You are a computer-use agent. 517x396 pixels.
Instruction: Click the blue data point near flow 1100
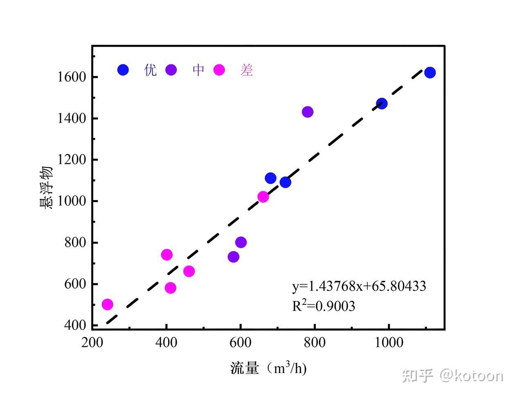click(x=429, y=73)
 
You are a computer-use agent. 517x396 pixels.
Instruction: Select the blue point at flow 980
click(x=381, y=103)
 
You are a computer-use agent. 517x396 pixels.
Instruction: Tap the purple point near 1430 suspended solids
click(x=307, y=112)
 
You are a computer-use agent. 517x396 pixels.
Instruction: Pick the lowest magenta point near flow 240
click(x=107, y=304)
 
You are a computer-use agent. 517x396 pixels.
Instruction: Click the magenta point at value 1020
click(x=263, y=197)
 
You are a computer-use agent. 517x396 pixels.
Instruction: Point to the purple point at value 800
click(x=241, y=242)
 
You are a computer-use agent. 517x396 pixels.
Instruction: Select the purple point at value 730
click(x=233, y=257)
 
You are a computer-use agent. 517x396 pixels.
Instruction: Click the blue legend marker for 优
click(x=123, y=70)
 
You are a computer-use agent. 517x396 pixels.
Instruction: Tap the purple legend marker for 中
click(x=171, y=70)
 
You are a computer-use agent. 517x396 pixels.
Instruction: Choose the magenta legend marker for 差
click(x=219, y=70)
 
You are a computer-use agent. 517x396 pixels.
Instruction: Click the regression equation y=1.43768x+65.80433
click(x=359, y=286)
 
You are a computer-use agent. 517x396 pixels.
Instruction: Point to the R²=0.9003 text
click(x=323, y=306)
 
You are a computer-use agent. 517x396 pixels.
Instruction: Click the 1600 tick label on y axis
click(x=72, y=77)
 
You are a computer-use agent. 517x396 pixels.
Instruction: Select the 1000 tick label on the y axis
click(x=72, y=201)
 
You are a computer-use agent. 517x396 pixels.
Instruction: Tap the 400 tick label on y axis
click(x=75, y=325)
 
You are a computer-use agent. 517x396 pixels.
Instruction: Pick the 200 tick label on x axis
click(x=92, y=342)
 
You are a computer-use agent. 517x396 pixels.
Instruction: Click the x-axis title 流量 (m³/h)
click(x=268, y=369)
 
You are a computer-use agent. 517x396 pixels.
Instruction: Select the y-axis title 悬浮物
click(x=46, y=188)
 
